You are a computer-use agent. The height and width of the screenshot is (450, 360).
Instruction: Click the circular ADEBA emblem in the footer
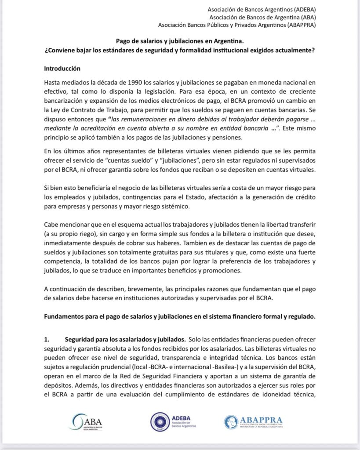tap(160, 422)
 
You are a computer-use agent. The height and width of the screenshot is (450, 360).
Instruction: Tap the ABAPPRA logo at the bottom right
tap(253, 422)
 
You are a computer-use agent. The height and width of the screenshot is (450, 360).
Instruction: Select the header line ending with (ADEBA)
tap(262, 9)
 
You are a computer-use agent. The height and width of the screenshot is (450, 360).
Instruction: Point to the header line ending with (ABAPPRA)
tap(237, 25)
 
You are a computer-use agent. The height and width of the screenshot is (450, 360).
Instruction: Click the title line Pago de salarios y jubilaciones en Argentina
tap(180, 41)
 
